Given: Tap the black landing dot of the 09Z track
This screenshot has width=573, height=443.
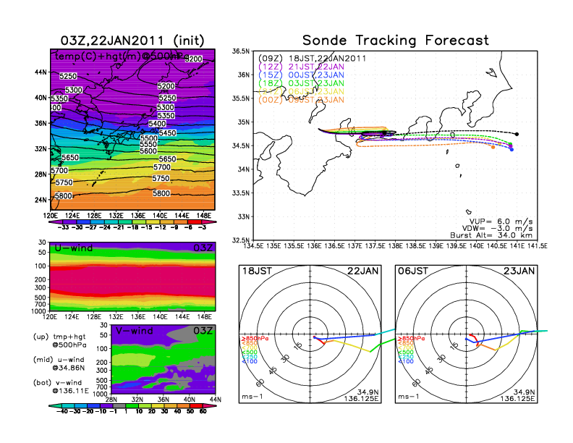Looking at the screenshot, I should [517, 134].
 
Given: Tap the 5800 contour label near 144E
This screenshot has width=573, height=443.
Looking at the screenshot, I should [162, 193].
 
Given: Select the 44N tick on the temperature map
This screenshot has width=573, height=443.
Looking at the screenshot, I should [41, 72].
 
